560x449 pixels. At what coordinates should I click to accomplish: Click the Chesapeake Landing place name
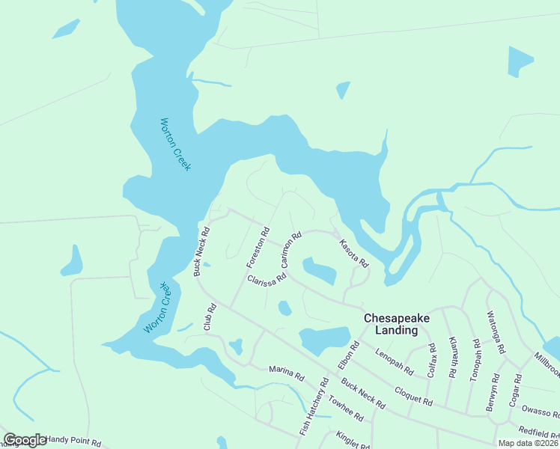tap(397, 323)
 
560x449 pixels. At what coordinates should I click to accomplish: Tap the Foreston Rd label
tap(258, 248)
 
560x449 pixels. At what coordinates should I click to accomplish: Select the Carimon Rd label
tap(290, 251)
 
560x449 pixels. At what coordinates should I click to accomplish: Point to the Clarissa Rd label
tap(267, 277)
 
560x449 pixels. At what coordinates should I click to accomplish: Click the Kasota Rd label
tap(353, 254)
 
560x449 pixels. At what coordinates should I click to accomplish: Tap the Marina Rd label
tap(287, 373)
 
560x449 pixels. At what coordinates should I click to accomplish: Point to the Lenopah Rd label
tap(395, 362)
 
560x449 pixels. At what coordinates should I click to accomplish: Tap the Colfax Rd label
tap(431, 358)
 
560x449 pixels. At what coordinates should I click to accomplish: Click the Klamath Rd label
tap(453, 361)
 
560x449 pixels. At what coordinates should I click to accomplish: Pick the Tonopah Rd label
tap(475, 361)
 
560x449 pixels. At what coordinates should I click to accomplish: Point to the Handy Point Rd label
tap(73, 442)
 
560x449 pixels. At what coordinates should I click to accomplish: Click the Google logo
tap(25, 441)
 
